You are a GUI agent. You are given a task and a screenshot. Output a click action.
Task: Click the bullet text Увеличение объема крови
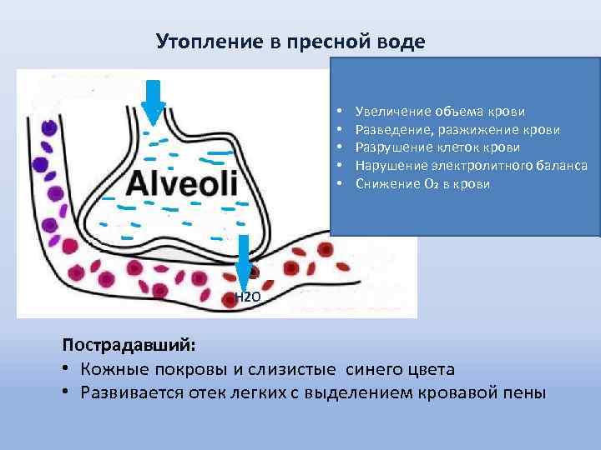pyautogui.click(x=440, y=111)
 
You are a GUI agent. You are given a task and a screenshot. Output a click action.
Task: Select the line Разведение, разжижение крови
pyautogui.click(x=457, y=129)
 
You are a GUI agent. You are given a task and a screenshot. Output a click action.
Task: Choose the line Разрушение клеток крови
pyautogui.click(x=437, y=147)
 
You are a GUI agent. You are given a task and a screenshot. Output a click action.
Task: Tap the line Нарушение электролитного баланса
pyautogui.click(x=471, y=165)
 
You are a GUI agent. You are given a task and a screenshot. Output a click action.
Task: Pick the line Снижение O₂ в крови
pyautogui.click(x=422, y=183)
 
